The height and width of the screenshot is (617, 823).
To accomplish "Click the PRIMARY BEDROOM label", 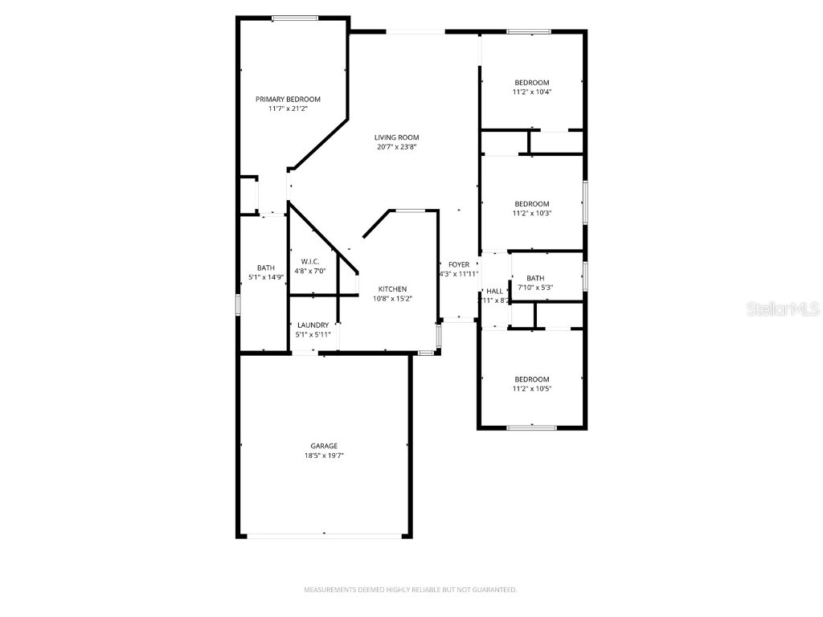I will [x=288, y=99].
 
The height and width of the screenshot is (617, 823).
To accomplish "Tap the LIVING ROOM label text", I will [x=396, y=137].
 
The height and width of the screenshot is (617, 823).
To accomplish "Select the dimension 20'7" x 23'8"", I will [x=396, y=147].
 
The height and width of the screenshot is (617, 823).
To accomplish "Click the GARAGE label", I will [x=324, y=446].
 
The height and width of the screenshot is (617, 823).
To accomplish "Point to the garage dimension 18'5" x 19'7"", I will [x=324, y=456].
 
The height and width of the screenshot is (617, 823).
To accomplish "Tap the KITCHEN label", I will [x=393, y=289].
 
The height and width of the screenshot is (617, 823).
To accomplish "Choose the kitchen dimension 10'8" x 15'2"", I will [x=393, y=299].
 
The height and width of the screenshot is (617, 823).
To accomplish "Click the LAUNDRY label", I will [x=313, y=325].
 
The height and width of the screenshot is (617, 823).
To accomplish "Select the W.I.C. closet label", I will [x=310, y=261].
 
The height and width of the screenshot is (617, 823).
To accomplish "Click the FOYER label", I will [x=459, y=264].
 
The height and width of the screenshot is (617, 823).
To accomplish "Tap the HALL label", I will [x=494, y=291].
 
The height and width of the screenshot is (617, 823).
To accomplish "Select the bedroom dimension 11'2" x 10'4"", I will [x=532, y=92].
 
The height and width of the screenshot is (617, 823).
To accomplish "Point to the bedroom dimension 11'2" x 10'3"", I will [x=532, y=213].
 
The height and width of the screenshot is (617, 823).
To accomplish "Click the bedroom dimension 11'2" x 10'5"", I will [x=532, y=389].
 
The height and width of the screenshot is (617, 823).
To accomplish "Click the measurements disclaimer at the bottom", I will [x=410, y=590].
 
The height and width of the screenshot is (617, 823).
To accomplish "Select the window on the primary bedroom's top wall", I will [x=294, y=18].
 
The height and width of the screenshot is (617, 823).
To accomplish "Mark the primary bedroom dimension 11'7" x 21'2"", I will [x=288, y=108].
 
